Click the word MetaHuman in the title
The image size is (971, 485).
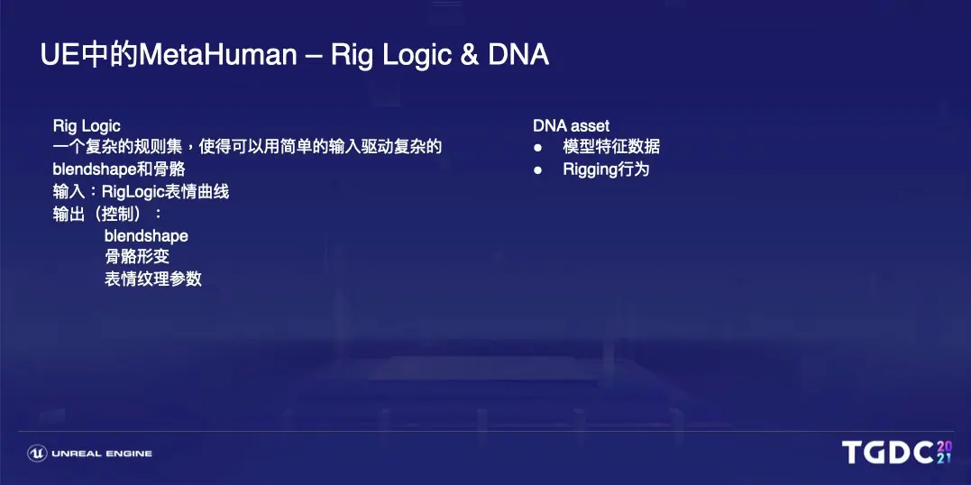click(218, 56)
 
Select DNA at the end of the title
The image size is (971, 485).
click(518, 56)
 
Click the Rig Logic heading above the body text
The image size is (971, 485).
click(87, 127)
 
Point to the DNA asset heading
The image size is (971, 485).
click(571, 126)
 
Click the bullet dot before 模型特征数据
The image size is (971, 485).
click(537, 148)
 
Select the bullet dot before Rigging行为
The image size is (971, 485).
click(537, 170)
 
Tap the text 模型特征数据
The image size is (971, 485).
click(611, 148)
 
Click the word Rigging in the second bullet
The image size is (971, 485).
click(591, 170)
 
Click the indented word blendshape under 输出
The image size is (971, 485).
click(146, 236)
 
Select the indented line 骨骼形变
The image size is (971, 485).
click(137, 257)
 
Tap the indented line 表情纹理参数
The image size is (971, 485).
click(153, 279)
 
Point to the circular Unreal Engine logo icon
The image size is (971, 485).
click(37, 453)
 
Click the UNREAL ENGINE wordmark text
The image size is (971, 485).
click(102, 454)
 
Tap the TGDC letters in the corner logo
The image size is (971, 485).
click(887, 453)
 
